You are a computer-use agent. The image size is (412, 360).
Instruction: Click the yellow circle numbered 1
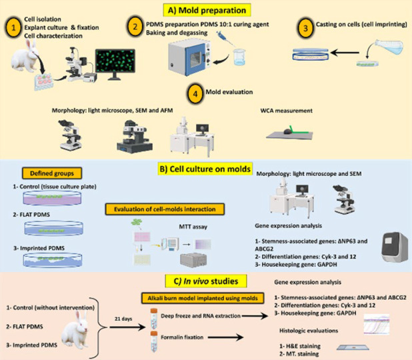tap(13, 27)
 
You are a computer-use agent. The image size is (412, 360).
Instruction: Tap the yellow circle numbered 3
tap(305, 28)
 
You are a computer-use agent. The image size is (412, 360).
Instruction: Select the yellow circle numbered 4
tap(195, 94)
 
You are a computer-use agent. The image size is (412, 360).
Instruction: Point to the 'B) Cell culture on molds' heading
tap(205, 169)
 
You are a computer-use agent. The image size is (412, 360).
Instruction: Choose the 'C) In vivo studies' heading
tap(206, 281)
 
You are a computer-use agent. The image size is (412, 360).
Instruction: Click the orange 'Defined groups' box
tap(52, 173)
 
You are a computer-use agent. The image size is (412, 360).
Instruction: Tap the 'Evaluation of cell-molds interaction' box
tap(165, 209)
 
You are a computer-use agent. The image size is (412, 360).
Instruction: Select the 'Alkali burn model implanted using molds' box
tap(203, 298)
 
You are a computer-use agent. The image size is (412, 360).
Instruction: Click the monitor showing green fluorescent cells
tap(115, 63)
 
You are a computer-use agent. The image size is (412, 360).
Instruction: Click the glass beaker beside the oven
tap(239, 57)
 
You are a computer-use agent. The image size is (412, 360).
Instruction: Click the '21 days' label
tap(123, 319)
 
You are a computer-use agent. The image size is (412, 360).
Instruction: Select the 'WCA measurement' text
tap(287, 111)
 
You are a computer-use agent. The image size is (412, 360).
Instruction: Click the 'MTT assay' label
tap(193, 227)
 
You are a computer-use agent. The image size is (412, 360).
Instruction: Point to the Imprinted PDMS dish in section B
tap(53, 260)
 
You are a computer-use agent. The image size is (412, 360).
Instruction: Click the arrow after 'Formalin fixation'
tap(225, 337)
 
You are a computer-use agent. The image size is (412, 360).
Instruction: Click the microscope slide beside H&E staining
tap(353, 347)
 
